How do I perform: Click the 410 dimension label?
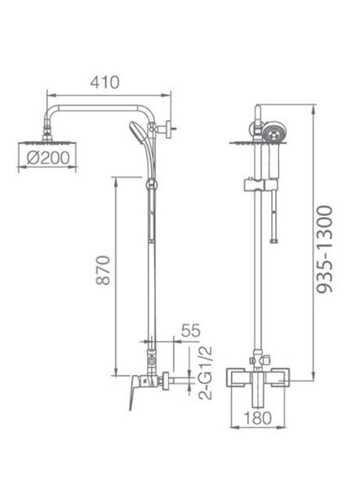pos(104,82)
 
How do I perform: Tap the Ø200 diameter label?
pos(48,158)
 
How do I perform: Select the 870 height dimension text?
pos(103,270)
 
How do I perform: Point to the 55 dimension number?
pos(191,331)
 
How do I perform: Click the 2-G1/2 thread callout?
pos(206,373)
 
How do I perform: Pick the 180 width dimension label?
pos(257,418)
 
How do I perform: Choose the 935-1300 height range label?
pos(324,249)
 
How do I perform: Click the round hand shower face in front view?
pos(274,133)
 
